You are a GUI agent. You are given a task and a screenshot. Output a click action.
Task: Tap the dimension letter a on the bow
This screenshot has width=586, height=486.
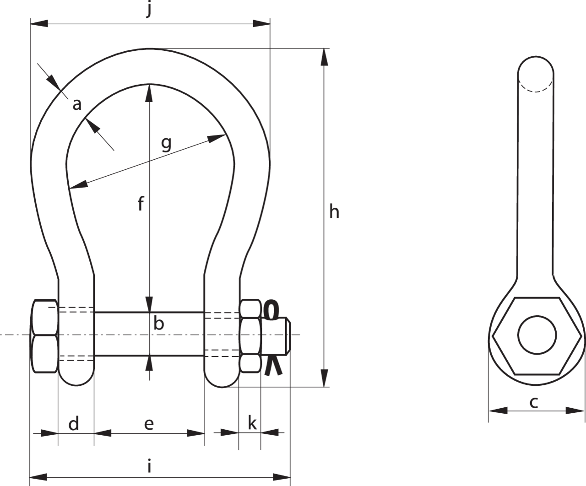click(77, 105)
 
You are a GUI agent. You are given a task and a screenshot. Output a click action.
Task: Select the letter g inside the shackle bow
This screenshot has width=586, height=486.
click(166, 144)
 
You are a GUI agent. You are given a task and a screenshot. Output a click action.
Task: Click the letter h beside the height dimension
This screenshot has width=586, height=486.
click(334, 212)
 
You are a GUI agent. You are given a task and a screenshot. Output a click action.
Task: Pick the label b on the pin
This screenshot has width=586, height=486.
click(158, 324)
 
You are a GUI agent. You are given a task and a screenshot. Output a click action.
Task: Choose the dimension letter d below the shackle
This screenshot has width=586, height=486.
click(74, 424)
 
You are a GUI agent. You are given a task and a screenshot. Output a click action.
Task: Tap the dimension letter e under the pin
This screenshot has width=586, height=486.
click(149, 424)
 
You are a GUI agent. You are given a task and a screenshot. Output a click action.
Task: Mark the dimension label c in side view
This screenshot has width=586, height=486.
click(534, 403)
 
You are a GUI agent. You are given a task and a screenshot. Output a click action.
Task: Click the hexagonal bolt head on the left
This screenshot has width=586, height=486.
click(45, 336)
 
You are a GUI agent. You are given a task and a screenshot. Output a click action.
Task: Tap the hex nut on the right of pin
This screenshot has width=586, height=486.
click(250, 336)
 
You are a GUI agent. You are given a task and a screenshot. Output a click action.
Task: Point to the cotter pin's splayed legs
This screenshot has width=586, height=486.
click(272, 367)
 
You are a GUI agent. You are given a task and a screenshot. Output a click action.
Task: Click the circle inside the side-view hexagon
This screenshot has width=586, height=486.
click(537, 335)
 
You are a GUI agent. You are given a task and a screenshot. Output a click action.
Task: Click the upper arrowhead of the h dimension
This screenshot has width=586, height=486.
click(324, 57)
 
